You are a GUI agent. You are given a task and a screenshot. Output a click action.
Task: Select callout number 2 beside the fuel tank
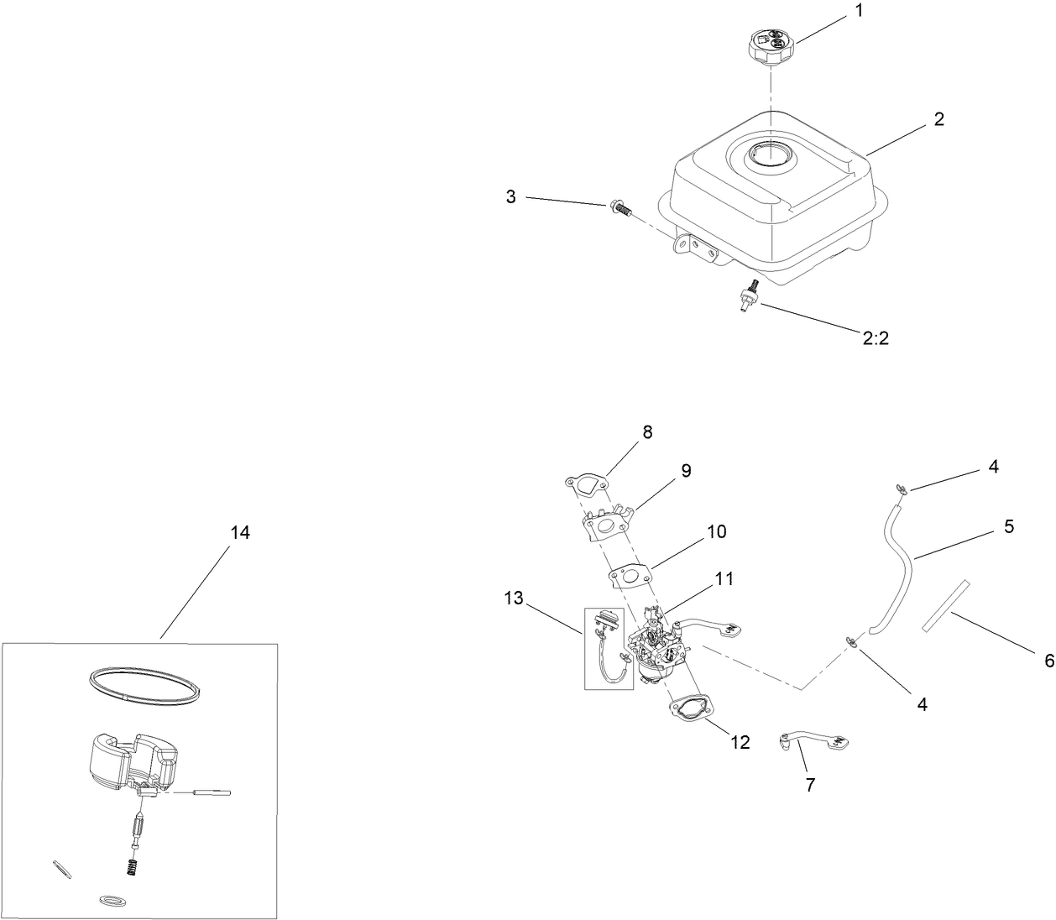click(x=938, y=119)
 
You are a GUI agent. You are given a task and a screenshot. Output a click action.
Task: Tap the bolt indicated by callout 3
click(x=619, y=206)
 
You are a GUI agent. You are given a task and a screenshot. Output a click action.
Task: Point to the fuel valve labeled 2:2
click(x=747, y=295)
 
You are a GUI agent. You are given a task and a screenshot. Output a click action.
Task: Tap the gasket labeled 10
click(x=630, y=574)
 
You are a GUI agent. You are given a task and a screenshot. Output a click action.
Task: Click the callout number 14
click(x=239, y=533)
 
